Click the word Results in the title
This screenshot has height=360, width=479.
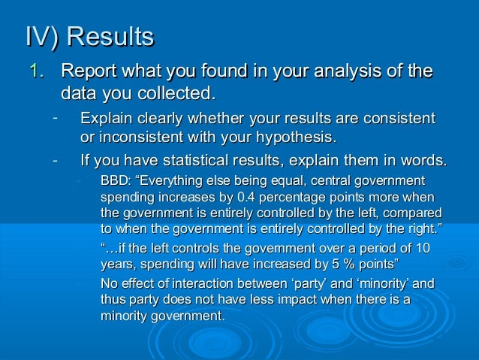(112, 37)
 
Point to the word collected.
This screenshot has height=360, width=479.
(170, 94)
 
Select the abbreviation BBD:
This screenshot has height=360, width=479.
(114, 180)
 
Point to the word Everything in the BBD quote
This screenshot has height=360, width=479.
(169, 180)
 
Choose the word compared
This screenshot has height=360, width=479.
(416, 212)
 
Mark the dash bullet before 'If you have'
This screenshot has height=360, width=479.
(55, 159)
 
